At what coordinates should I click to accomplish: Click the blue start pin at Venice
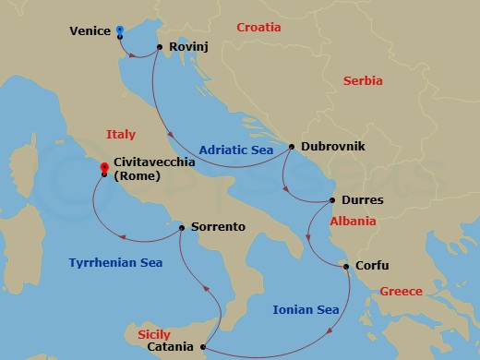(121, 30)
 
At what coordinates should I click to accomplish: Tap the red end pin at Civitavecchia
(104, 168)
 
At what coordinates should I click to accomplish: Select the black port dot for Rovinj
(161, 47)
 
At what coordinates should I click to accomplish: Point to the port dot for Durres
(333, 200)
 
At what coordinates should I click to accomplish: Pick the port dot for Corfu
(346, 267)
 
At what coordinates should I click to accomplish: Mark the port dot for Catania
(202, 347)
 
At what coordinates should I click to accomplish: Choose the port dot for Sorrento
(182, 226)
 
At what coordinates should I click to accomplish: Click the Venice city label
(90, 31)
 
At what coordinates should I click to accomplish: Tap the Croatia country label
(258, 28)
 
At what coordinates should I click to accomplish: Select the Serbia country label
(363, 81)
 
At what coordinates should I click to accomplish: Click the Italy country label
(121, 134)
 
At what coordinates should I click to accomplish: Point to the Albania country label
(353, 222)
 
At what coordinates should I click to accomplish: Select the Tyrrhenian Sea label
(115, 263)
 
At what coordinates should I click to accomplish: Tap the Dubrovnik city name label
(333, 146)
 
